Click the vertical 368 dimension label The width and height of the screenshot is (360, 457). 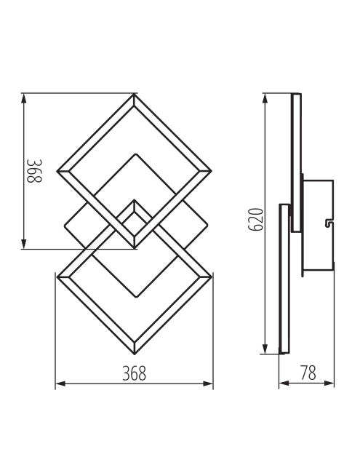(34, 171)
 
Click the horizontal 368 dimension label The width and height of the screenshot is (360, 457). (135, 373)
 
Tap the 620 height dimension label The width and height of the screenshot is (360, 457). (256, 220)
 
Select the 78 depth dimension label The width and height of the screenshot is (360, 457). (308, 373)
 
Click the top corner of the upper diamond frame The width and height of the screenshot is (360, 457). (135, 94)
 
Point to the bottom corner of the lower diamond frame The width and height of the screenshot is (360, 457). (135, 354)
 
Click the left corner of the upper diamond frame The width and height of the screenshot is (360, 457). (57, 172)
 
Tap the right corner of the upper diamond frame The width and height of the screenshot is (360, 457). (212, 172)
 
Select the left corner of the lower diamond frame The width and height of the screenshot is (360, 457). (57, 277)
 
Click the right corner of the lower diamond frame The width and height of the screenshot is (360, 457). (212, 277)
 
